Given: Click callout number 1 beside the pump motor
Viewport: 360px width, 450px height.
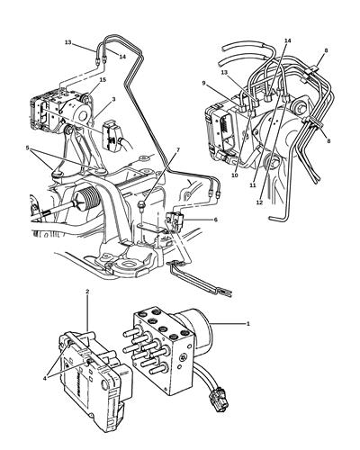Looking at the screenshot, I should [248, 322].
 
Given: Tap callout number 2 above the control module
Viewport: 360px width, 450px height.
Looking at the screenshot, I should [86, 292].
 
